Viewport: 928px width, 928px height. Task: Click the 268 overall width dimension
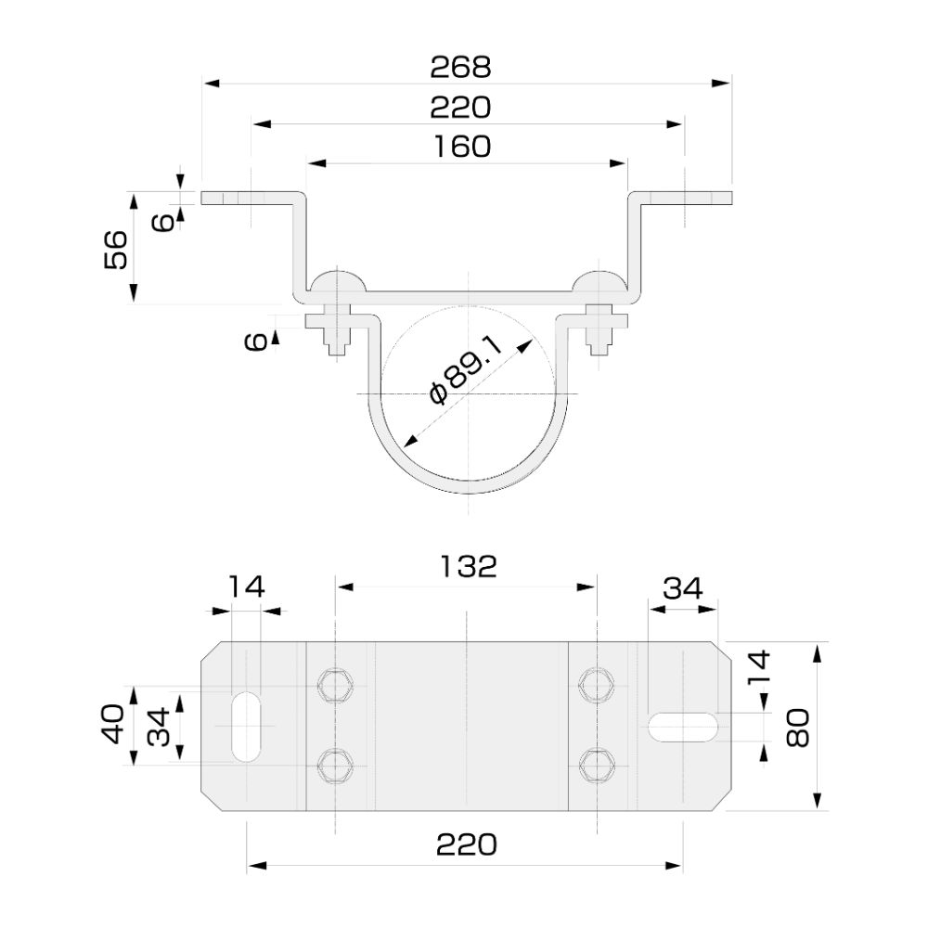point(460,67)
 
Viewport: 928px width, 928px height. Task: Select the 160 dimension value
point(460,147)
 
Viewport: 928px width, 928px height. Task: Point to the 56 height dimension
point(116,249)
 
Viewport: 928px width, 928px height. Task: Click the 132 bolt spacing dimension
point(469,566)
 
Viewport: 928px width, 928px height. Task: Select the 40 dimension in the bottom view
point(113,725)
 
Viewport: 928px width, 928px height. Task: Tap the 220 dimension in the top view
point(460,108)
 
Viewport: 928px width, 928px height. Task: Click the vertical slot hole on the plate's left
point(246,726)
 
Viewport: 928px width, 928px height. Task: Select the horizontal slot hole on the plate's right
point(684,726)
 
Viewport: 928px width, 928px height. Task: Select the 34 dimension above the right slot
point(682,588)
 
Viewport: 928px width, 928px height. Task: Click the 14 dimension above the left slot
point(246,586)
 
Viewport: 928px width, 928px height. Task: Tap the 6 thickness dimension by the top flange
point(163,221)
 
